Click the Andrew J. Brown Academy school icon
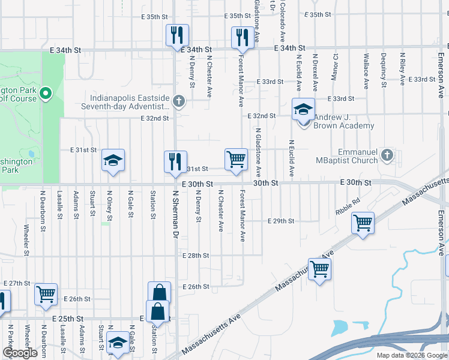(x=303, y=110)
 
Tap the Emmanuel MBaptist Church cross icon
(x=388, y=155)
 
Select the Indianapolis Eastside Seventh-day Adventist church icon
(x=178, y=101)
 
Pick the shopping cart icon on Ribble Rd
(x=363, y=223)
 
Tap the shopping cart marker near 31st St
(x=237, y=160)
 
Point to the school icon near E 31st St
(x=112, y=160)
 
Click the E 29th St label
(x=281, y=221)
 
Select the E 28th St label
(x=196, y=256)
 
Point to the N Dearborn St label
(x=43, y=212)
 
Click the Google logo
(x=20, y=353)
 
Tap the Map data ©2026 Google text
(x=412, y=355)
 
